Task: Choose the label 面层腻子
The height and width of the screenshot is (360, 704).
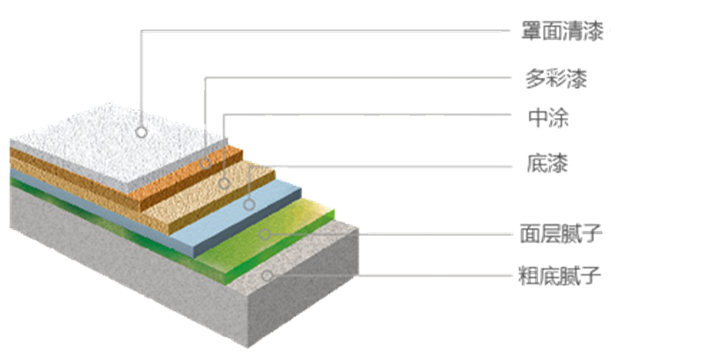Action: click(561, 234)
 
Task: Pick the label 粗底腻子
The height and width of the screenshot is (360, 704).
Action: click(561, 276)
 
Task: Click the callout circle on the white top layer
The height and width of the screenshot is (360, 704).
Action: click(141, 133)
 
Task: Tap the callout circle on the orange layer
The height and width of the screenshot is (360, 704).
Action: click(205, 163)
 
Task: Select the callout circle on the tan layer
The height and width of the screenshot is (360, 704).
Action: click(224, 183)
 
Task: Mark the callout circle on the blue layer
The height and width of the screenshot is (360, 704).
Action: click(249, 204)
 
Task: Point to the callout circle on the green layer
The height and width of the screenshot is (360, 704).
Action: click(263, 235)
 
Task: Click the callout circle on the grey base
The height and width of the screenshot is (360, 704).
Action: click(268, 276)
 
